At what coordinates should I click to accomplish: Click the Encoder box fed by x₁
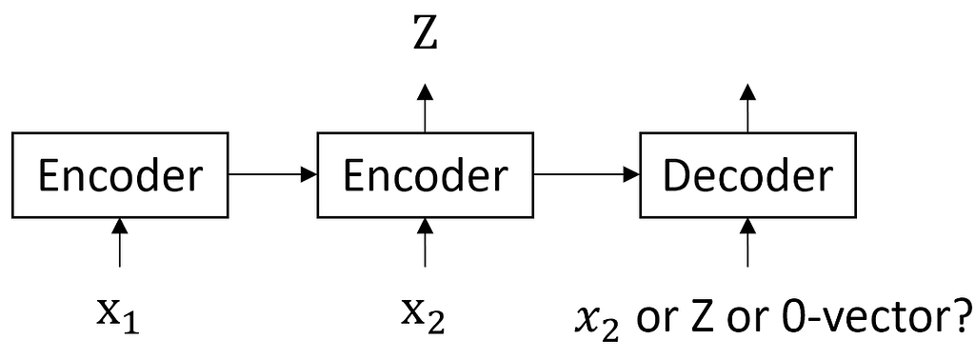point(119,175)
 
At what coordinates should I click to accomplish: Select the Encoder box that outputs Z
point(425,175)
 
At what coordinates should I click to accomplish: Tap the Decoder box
point(748,175)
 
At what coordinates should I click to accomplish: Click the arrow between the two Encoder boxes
point(272,175)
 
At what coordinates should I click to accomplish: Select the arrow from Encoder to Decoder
point(587,175)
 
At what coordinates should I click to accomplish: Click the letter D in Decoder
point(677,176)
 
